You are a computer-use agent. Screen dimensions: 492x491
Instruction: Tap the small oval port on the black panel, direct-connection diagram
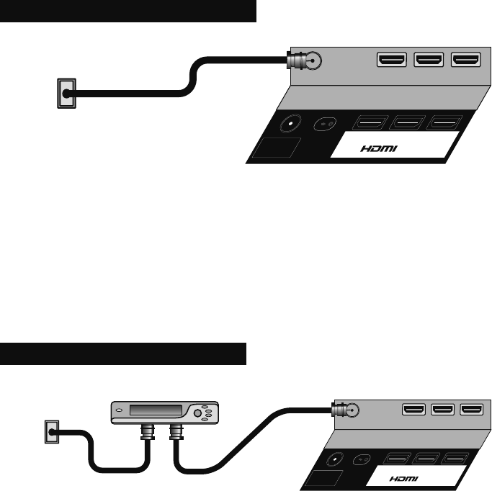(x=326, y=123)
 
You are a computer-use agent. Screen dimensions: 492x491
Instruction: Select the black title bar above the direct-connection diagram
(x=128, y=11)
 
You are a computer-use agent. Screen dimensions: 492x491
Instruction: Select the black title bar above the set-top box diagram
(x=123, y=353)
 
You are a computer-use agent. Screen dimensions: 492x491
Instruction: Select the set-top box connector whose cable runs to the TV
(x=176, y=433)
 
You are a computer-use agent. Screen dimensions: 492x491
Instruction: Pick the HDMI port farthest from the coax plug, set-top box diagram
(x=472, y=410)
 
